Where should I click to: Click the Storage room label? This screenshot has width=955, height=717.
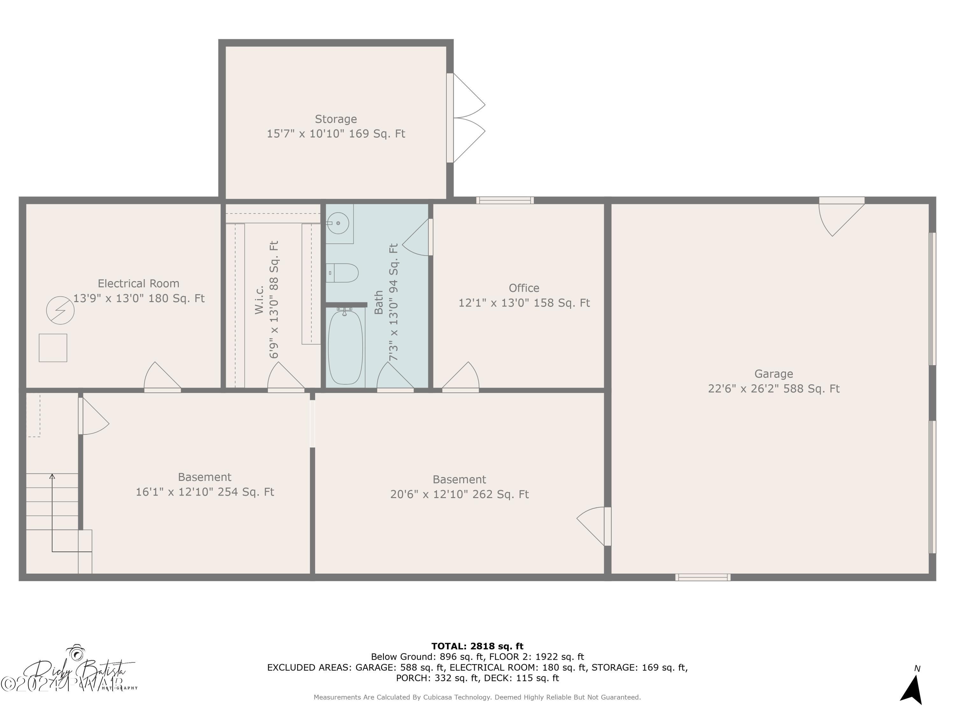(336, 119)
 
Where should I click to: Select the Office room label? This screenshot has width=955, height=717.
(524, 288)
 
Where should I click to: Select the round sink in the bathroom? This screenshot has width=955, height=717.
(339, 223)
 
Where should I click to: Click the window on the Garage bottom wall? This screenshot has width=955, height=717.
(703, 577)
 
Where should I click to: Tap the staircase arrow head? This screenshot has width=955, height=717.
(52, 476)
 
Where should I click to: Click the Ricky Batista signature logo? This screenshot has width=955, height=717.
(78, 670)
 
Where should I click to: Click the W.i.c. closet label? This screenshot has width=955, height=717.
(259, 300)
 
